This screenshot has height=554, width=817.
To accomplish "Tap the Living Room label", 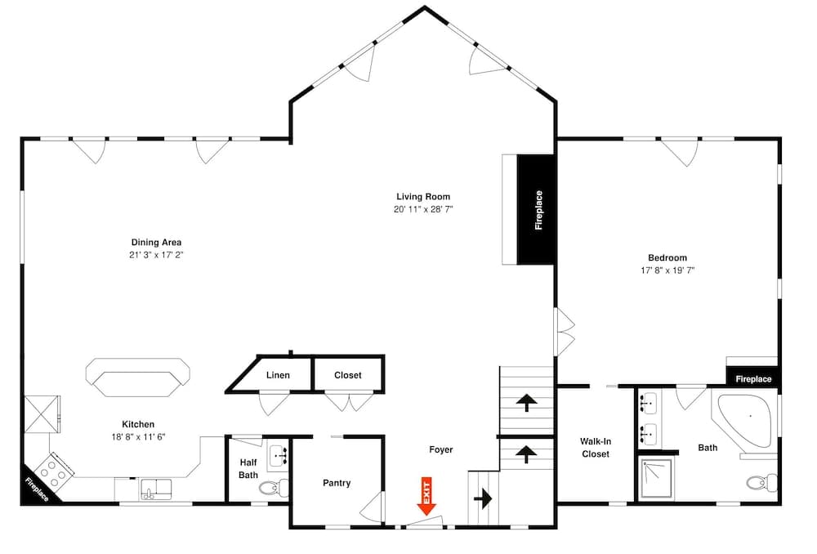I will tap(423, 197).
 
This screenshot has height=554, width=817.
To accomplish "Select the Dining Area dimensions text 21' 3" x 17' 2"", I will tap(156, 255).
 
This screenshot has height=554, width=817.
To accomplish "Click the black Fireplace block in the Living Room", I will tap(537, 210).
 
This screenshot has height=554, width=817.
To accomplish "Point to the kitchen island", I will tap(138, 378).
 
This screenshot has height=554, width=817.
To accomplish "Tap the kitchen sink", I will tap(155, 489).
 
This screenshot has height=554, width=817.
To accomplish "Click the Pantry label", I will tap(337, 483).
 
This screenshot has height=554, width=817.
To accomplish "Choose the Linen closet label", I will tap(278, 376).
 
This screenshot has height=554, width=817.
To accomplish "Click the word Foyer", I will tap(441, 449).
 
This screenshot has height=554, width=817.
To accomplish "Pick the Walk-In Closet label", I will tap(596, 448).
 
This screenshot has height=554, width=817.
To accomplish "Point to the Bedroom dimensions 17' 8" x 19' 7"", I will tap(667, 270).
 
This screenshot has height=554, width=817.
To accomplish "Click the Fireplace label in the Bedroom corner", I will tap(753, 379).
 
